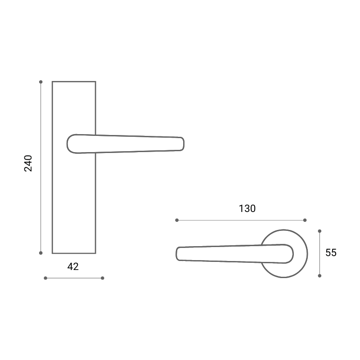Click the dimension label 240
tap(28, 163)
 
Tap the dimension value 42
tap(73, 266)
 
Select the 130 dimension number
tap(247, 208)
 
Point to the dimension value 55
tap(331, 252)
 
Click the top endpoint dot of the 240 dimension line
tap(41, 82)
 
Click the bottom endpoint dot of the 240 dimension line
tap(41, 253)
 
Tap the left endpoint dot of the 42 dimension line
tap(45, 278)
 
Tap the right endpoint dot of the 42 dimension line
tap(103, 278)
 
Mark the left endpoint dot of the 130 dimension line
tap(177, 220)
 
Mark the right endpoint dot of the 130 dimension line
tap(305, 220)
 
